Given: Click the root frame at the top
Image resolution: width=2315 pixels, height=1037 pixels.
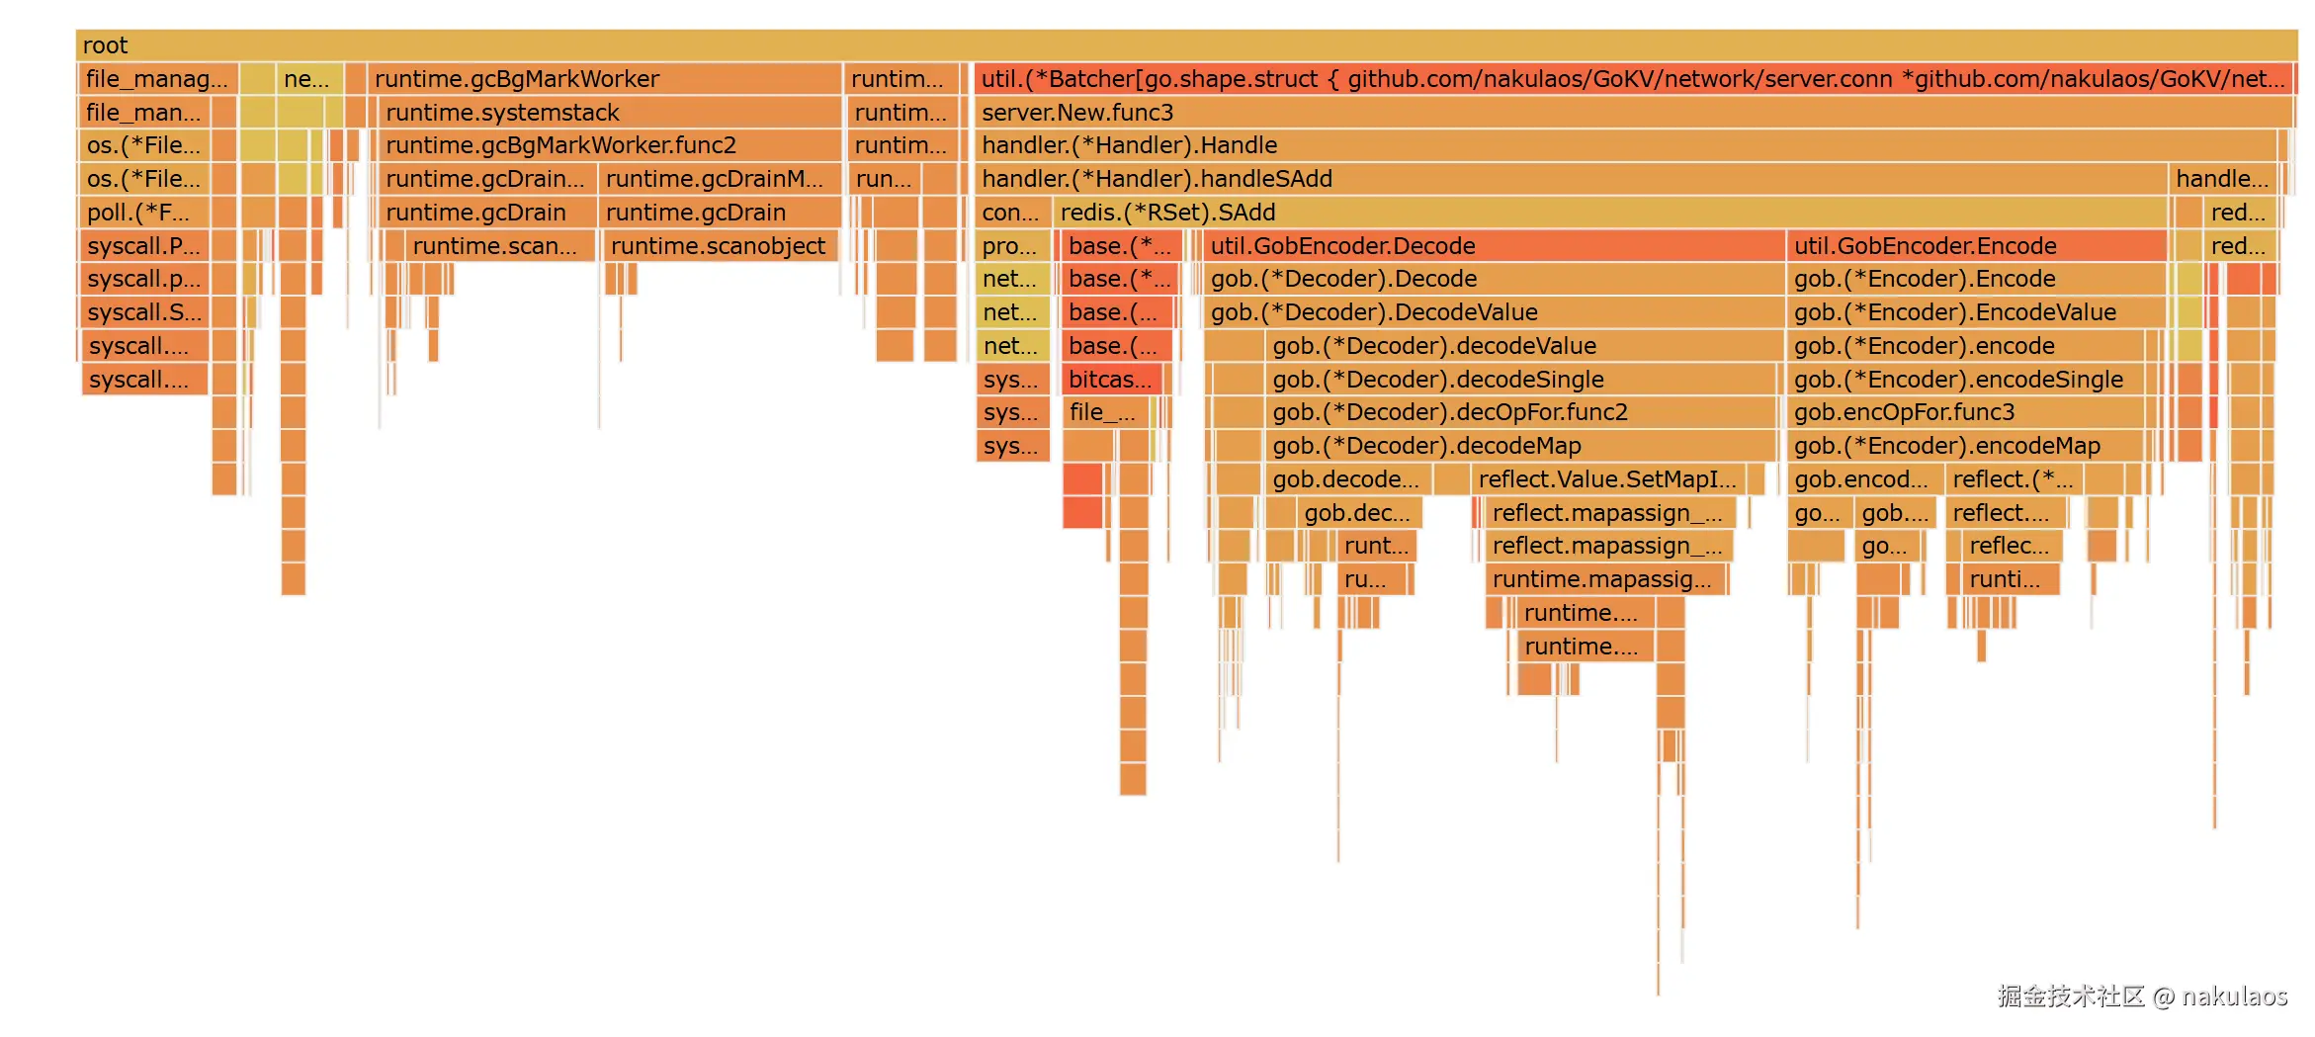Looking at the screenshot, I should [1186, 45].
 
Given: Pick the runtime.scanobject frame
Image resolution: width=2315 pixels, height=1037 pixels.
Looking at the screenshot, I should [719, 246].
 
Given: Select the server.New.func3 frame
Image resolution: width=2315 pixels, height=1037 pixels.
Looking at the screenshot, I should [1631, 113].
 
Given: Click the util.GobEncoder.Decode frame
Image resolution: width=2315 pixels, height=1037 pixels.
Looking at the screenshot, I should [1493, 246].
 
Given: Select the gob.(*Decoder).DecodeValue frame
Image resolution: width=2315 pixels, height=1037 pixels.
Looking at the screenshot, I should [1493, 312].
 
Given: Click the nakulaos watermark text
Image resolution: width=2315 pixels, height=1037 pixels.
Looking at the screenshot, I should [2234, 996].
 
